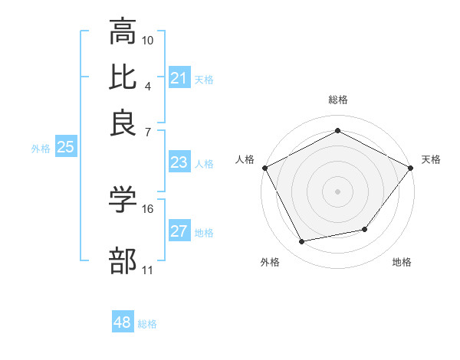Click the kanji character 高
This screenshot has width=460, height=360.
[123, 33]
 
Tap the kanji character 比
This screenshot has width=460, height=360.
[123, 78]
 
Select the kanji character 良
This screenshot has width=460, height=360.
[123, 123]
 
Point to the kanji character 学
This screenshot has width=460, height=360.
[123, 201]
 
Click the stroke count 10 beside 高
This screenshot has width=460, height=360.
[148, 39]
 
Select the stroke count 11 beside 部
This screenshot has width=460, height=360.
[148, 270]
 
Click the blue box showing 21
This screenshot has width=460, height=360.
[179, 78]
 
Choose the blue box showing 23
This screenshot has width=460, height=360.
[179, 162]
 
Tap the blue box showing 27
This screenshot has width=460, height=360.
[179, 231]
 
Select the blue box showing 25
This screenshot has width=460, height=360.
[65, 148]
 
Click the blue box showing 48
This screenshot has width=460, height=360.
[123, 322]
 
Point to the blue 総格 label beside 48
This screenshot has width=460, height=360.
[147, 324]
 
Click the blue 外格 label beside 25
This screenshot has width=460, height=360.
[41, 149]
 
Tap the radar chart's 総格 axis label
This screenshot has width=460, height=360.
[337, 100]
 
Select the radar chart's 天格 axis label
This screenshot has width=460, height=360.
[431, 159]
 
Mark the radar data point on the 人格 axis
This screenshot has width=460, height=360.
[264, 167]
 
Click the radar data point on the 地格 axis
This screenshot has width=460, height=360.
[365, 229]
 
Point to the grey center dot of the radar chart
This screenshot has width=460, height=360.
[337, 191]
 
